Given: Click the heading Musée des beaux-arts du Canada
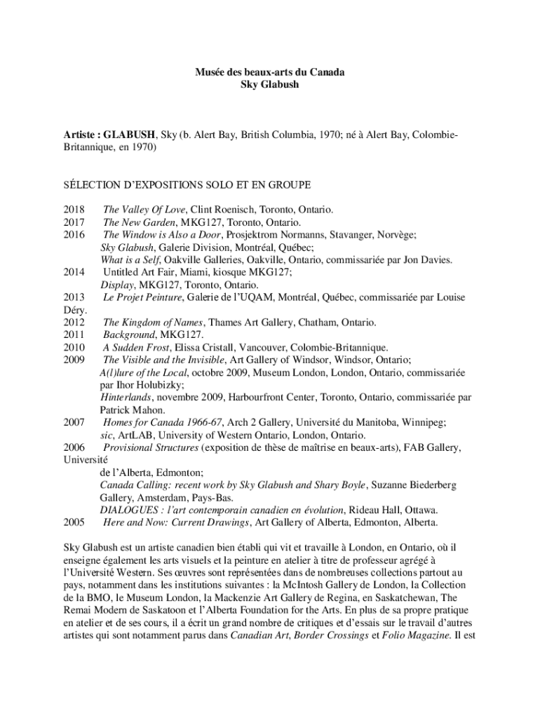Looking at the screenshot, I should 269,72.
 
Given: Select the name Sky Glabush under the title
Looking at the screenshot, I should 269,84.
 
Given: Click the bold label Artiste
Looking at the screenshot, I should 83,134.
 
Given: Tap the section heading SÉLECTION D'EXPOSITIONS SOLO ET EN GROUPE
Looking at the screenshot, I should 187,184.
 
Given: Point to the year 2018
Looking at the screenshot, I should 74,210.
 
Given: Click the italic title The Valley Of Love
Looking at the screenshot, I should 144,210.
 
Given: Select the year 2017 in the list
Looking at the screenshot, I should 74,222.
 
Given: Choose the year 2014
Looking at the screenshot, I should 74,273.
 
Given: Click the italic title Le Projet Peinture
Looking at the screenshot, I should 143,298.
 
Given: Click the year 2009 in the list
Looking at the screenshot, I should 74,360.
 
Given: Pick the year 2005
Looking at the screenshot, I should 74,522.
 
